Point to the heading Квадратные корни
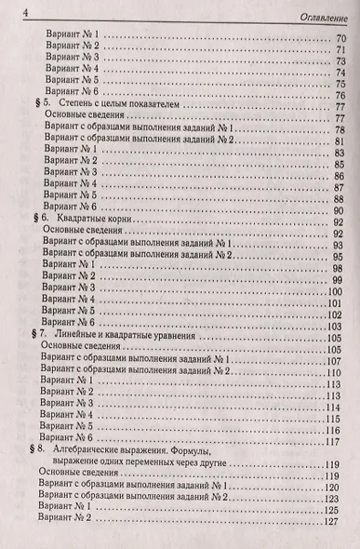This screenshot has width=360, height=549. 90,221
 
